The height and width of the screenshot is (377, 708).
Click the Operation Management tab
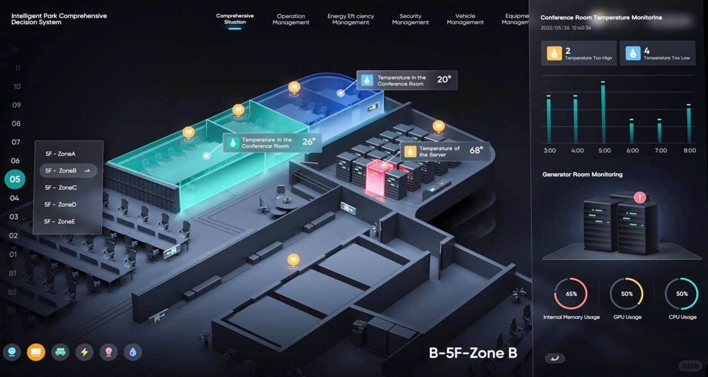coord(291,19)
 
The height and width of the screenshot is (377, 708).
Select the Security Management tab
coord(410,19)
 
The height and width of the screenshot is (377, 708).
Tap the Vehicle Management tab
coord(465,19)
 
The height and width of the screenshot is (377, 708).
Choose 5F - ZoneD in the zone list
coord(60,205)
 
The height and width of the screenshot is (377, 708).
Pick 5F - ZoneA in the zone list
coord(60,154)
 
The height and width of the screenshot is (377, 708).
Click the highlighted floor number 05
coord(14,179)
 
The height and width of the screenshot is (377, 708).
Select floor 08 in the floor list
coord(16,123)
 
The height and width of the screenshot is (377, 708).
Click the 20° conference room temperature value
coord(444,80)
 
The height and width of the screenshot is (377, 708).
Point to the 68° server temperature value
coord(476,150)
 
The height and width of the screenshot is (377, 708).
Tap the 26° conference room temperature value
coord(309,142)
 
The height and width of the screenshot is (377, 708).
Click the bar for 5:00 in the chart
coord(603,113)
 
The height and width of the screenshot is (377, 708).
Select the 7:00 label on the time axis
coord(660,150)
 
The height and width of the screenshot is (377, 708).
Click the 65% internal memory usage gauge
coord(571,294)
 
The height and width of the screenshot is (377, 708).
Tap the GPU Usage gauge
coord(626,294)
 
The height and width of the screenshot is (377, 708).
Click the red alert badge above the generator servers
coord(640,197)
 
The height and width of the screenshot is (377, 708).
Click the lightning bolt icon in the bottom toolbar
coord(85,352)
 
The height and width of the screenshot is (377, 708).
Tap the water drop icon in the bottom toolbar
coord(133,352)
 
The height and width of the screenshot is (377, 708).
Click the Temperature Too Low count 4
coord(647,51)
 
